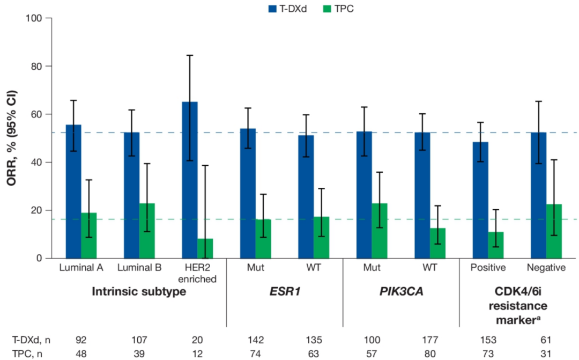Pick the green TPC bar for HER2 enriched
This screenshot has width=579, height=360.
point(205,248)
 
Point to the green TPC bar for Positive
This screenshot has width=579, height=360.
point(496,245)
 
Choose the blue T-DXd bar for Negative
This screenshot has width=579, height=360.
point(539,195)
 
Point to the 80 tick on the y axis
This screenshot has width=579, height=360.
point(45,66)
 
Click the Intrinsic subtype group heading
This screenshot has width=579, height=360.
point(139,292)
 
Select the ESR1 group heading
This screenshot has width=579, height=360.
point(284,292)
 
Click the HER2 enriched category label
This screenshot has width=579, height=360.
point(197,273)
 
